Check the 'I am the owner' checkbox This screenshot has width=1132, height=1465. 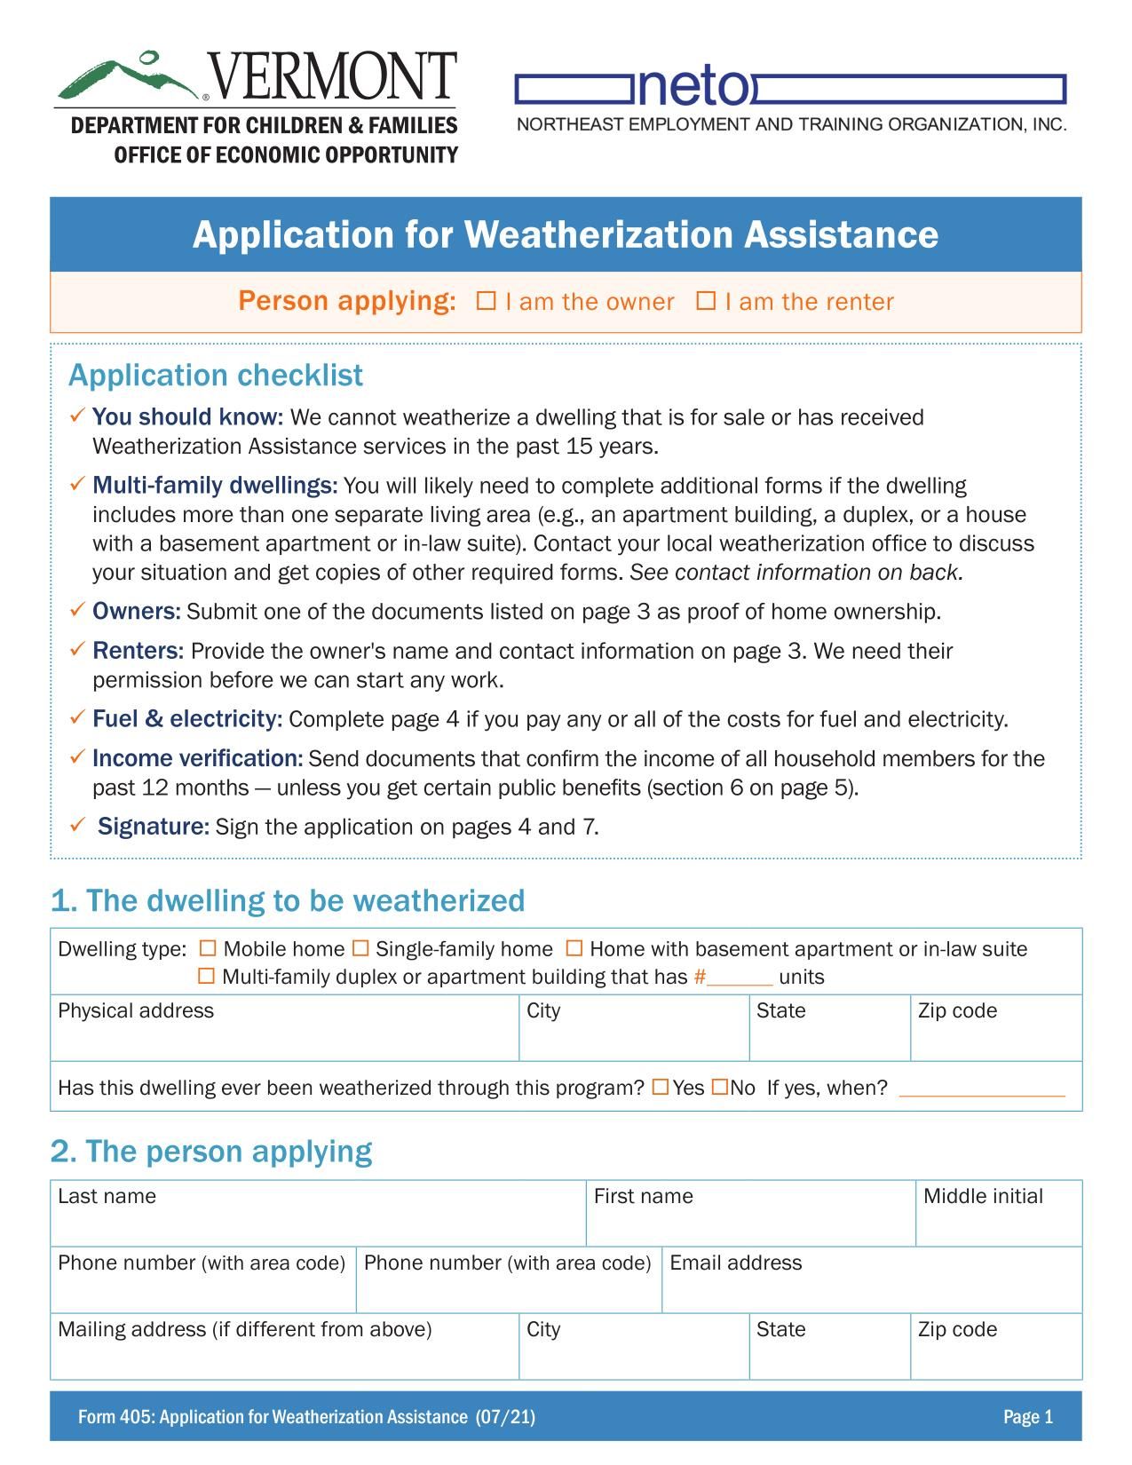click(486, 301)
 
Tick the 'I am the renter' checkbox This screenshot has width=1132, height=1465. click(706, 301)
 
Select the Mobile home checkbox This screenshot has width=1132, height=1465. click(208, 948)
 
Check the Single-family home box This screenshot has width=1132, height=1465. click(360, 948)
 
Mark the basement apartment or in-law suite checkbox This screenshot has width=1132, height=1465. click(574, 948)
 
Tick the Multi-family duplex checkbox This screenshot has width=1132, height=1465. click(206, 977)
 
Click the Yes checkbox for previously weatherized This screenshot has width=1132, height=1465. click(661, 1087)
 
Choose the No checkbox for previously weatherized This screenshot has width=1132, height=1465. click(720, 1087)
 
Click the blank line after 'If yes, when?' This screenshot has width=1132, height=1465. click(981, 1089)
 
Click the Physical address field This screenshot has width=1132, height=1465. click(284, 1037)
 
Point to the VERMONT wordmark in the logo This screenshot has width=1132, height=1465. click(331, 76)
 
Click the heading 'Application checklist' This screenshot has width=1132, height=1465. click(216, 376)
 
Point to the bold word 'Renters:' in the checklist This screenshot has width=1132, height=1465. click(138, 651)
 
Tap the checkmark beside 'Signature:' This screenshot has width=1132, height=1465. click(77, 826)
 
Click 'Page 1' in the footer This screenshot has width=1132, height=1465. click(1027, 1416)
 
